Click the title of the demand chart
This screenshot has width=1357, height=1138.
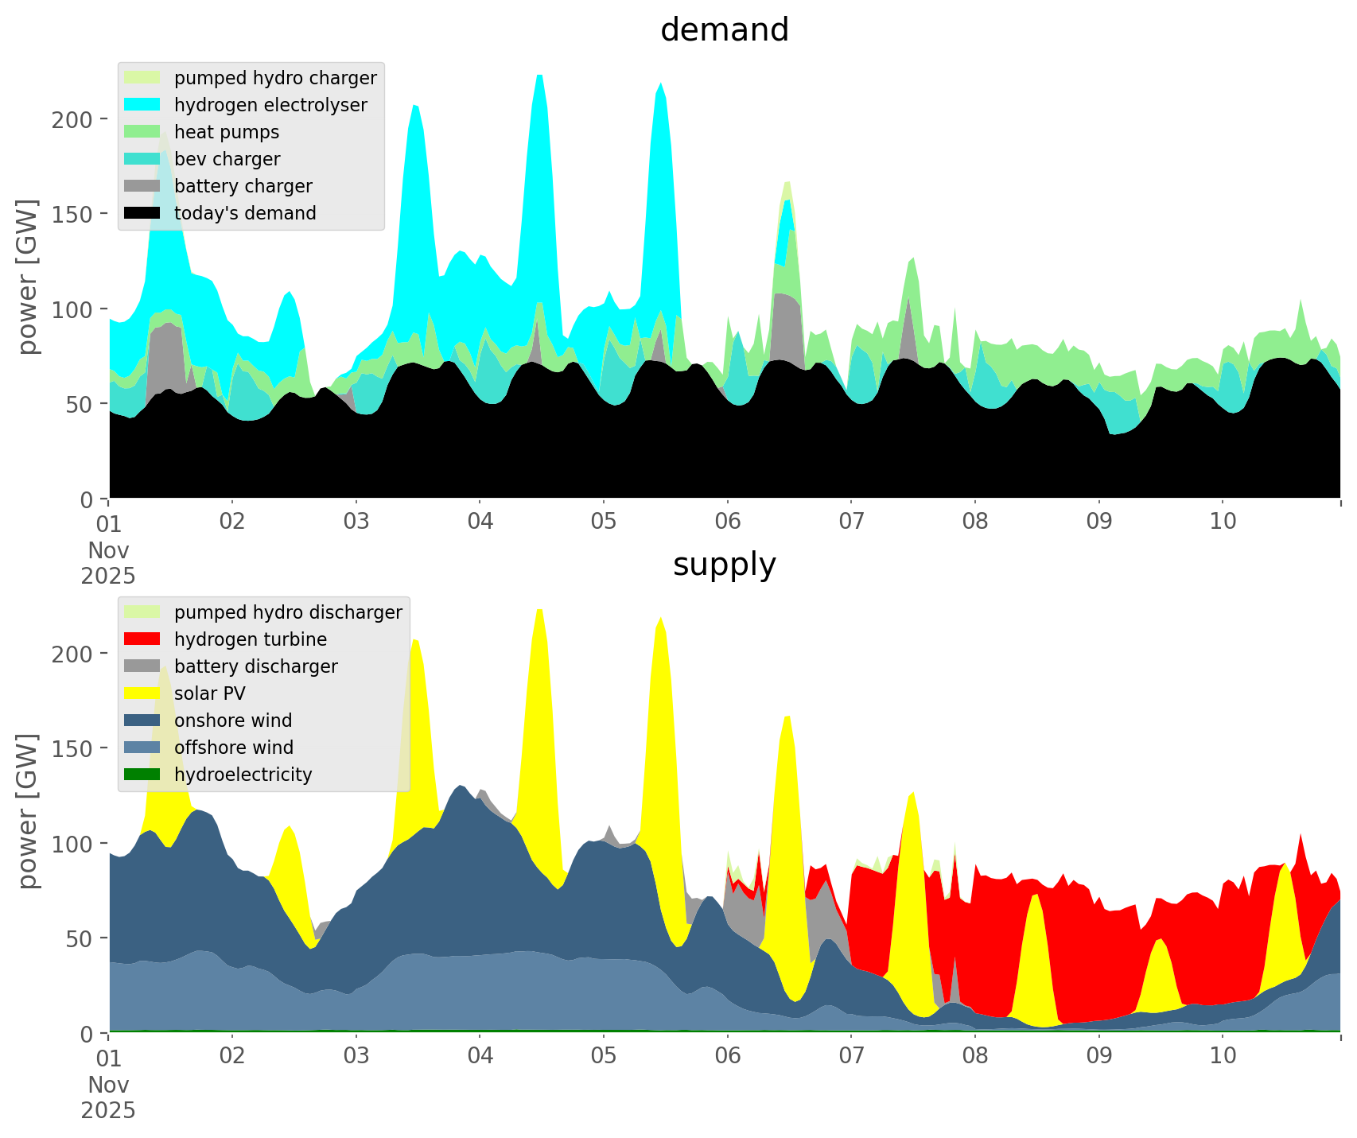[x=724, y=30]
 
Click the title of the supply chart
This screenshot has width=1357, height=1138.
[x=724, y=565]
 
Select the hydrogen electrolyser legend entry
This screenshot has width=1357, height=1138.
[x=270, y=105]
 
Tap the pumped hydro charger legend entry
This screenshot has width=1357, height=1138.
[x=275, y=78]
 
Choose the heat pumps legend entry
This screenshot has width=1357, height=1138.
[x=227, y=132]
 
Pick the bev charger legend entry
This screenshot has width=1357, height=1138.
[x=227, y=159]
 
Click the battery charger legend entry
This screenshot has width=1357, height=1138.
[x=243, y=186]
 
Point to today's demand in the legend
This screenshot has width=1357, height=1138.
[x=245, y=213]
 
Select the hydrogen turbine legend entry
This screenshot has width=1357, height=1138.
[x=251, y=639]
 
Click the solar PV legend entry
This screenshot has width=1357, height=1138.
[x=210, y=693]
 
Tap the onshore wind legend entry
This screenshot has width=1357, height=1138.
[x=233, y=720]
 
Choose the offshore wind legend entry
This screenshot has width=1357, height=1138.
[x=234, y=748]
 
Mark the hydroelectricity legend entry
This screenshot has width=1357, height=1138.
[x=243, y=775]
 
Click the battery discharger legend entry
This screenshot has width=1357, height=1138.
[x=255, y=666]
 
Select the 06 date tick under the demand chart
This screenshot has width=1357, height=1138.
[x=727, y=522]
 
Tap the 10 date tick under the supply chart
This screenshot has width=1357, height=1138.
[x=1223, y=1057]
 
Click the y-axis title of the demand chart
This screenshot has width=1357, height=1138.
[x=28, y=277]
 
